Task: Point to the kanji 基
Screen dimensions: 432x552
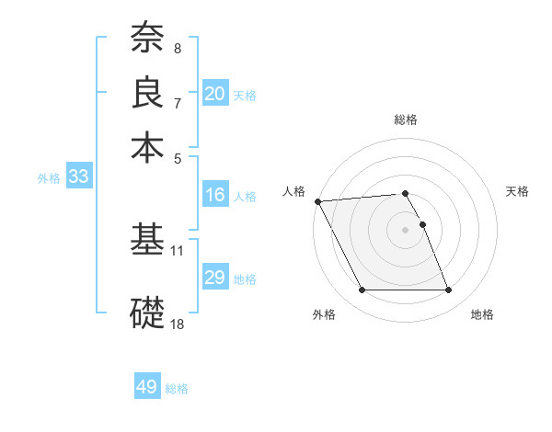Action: click(x=147, y=240)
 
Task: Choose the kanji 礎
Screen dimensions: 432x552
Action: click(x=147, y=312)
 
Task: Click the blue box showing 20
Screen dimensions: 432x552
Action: click(x=214, y=94)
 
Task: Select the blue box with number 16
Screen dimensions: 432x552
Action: click(x=214, y=195)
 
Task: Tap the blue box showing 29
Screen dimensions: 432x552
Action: click(x=214, y=278)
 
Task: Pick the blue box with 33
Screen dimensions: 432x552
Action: click(x=78, y=177)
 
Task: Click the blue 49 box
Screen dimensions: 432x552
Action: click(x=147, y=387)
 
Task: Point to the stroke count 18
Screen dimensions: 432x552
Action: click(x=178, y=324)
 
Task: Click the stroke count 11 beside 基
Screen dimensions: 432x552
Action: click(x=178, y=250)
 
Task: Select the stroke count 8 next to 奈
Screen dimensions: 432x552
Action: click(x=178, y=48)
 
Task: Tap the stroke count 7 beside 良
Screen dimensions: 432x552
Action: click(x=178, y=102)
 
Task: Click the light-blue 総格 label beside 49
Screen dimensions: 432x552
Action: click(x=177, y=389)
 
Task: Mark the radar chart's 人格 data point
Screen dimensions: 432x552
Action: click(x=318, y=201)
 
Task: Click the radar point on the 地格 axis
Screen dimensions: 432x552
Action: click(x=448, y=290)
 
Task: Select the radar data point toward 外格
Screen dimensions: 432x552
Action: click(x=362, y=290)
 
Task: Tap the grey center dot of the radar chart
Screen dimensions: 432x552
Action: click(x=405, y=229)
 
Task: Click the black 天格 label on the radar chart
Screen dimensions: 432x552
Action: click(x=517, y=191)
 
